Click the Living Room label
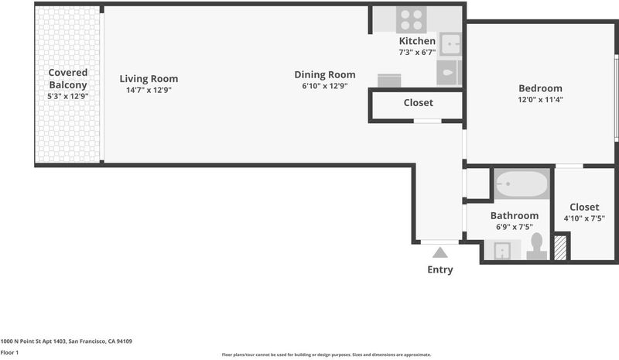tap(149, 79)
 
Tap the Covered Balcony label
tap(68, 79)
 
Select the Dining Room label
tap(325, 74)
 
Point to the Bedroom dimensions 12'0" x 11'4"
tap(540, 100)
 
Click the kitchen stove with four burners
tap(412, 20)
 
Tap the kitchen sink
tap(450, 44)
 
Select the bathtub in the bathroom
tap(522, 183)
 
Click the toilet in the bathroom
tap(536, 246)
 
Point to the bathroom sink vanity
tap(502, 250)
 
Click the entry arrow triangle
tap(439, 252)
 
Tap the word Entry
tap(440, 269)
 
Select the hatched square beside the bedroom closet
tap(560, 248)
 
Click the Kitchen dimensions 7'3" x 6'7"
tap(417, 52)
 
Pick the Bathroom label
tap(515, 216)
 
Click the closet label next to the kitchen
tap(419, 103)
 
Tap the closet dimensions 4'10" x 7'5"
tap(584, 218)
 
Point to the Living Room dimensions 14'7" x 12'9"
tap(149, 90)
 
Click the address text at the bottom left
tap(67, 341)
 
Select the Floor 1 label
tap(9, 352)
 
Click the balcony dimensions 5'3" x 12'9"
tap(68, 96)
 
